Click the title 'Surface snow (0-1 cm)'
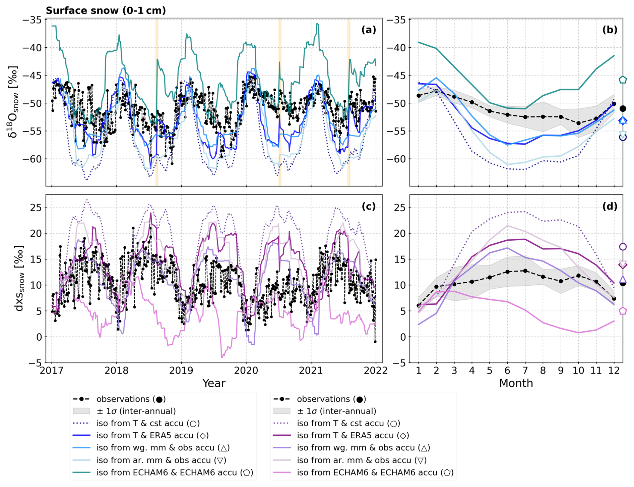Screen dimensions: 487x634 tap(106, 10)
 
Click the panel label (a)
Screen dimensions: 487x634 tap(369, 30)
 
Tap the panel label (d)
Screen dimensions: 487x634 tap(610, 206)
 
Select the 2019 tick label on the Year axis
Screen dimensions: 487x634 tap(181, 371)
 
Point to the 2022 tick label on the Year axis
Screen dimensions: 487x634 tap(376, 371)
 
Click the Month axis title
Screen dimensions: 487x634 tap(516, 383)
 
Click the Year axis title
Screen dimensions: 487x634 tap(214, 383)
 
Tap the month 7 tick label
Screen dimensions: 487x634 tap(525, 371)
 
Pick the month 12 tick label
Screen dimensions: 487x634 tap(614, 371)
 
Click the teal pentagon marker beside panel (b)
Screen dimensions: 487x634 tap(623, 80)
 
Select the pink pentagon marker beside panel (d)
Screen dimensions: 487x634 tap(623, 311)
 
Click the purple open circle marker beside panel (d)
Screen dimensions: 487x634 tap(623, 247)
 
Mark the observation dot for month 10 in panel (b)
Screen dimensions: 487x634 tap(578, 123)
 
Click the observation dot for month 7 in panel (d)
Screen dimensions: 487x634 tap(525, 271)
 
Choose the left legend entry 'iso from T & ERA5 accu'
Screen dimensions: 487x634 tap(152, 435)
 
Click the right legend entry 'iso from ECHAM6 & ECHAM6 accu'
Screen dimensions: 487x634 tap(375, 472)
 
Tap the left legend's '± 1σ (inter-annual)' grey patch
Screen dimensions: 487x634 tap(81, 411)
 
